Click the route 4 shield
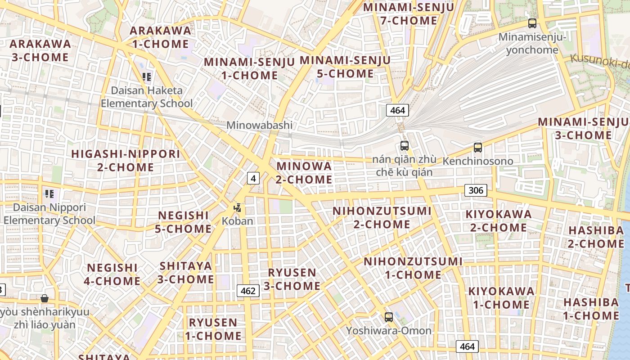[253, 178]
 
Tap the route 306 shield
[476, 190]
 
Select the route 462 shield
[248, 291]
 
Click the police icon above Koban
[238, 208]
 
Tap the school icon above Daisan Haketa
[147, 77]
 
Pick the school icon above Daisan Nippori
[49, 194]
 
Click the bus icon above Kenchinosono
[477, 147]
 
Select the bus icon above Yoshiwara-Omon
[389, 317]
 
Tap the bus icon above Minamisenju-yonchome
[532, 23]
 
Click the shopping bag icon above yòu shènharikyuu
[45, 298]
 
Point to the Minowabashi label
[259, 125]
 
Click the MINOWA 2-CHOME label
[304, 173]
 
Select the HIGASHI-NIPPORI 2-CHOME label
[126, 161]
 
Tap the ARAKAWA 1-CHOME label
[160, 37]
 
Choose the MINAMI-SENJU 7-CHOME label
[409, 14]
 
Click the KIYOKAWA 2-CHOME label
[499, 220]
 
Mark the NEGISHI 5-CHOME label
[184, 222]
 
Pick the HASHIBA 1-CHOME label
[591, 309]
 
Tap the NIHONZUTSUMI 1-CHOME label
[413, 268]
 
